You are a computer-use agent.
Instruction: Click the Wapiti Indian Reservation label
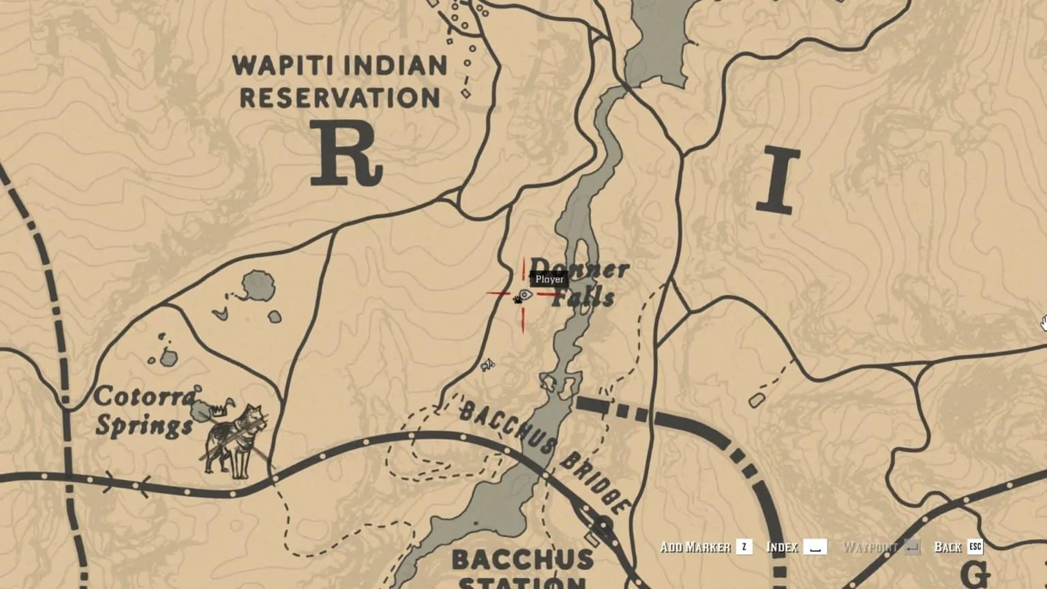coord(339,82)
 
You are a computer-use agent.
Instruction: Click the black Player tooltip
coord(549,280)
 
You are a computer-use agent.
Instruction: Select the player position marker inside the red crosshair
coord(525,295)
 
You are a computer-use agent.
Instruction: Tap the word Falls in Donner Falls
coord(583,297)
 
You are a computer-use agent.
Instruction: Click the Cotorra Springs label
coord(144,411)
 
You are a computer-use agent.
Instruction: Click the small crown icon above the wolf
coord(218,411)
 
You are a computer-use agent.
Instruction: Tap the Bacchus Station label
coord(521,568)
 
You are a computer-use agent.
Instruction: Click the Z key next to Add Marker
coord(744,547)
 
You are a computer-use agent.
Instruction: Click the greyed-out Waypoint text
coord(870,547)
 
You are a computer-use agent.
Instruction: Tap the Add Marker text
coord(695,547)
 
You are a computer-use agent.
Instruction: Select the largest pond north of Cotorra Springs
coord(258,286)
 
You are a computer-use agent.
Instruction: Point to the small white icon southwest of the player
coord(487,366)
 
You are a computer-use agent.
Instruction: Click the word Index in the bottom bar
coord(782,547)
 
